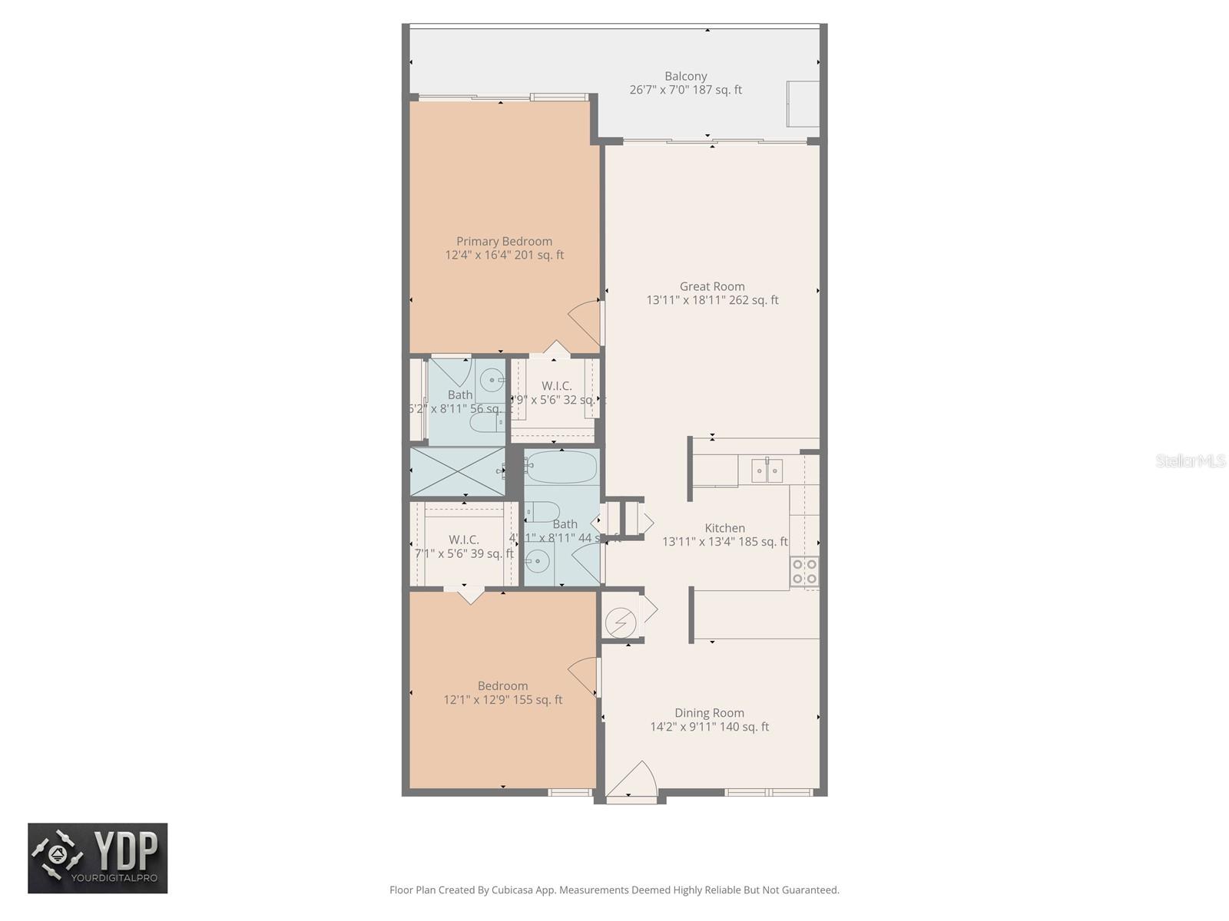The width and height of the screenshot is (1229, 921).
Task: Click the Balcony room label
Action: [685, 76]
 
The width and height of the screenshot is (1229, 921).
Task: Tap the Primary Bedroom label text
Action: [504, 241]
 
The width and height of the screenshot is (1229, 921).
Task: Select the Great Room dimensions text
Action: [712, 300]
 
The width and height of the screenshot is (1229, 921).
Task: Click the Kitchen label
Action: [724, 528]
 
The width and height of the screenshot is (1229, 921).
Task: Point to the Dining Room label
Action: [709, 713]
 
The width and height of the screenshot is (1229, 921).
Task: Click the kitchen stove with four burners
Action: [804, 572]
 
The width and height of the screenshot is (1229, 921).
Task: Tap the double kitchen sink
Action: [767, 470]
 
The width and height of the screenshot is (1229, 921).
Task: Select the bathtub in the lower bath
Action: [561, 467]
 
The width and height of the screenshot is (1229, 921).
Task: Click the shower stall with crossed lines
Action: [456, 471]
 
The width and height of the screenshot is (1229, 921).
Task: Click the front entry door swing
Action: [631, 779]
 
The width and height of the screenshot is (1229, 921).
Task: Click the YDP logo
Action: [98, 858]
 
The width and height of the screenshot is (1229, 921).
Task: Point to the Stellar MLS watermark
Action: [1190, 461]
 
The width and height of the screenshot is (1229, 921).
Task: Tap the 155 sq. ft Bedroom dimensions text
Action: [502, 700]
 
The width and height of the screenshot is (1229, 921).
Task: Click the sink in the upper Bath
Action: [491, 380]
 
